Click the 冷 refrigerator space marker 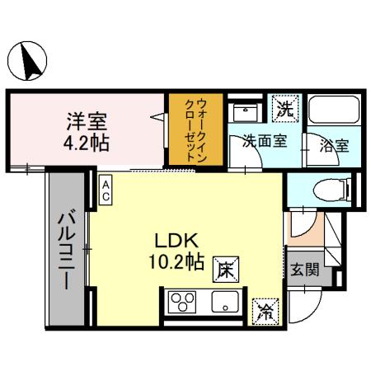click(265, 311)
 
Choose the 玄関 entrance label click(303, 270)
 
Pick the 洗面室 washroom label click(265, 141)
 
